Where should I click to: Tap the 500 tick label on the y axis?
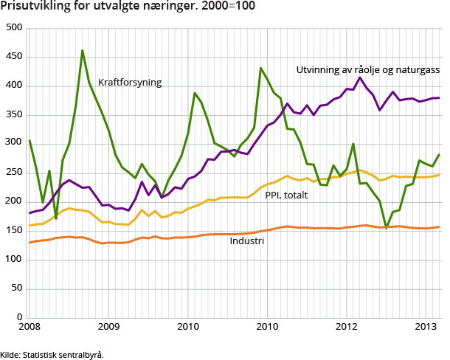coord(13,28)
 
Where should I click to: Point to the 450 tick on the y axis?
coord(13,57)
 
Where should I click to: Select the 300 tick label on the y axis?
coord(13,144)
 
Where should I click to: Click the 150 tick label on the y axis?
coord(13,231)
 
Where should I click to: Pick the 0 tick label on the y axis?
coord(19,318)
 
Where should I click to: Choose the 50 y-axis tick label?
coord(16,289)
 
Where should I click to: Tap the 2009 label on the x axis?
coord(108,327)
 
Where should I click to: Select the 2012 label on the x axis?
coord(347,327)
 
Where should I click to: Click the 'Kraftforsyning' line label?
coord(130,82)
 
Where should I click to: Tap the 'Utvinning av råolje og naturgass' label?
coord(367,70)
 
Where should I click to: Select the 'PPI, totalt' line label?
coord(286,195)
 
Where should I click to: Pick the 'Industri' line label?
coord(246,241)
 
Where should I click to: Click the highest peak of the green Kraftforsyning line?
coord(83,51)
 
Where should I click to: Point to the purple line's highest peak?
coord(360,77)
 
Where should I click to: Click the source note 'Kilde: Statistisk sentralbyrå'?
coord(52,354)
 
